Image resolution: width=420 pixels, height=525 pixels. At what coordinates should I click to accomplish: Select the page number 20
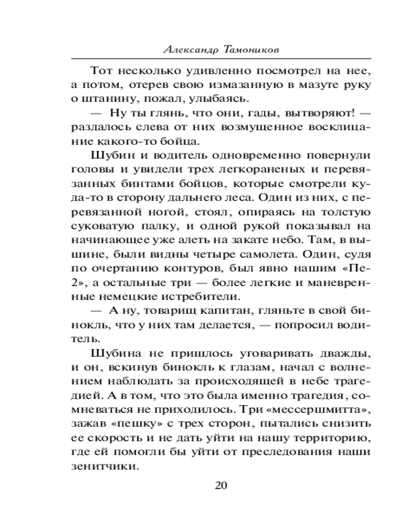(x=222, y=485)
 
